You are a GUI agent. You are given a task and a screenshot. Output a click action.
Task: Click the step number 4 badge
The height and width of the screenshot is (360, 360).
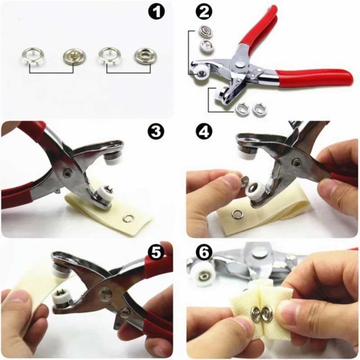pos(203,131)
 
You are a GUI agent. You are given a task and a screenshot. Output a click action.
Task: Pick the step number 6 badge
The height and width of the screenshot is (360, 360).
pos(204,253)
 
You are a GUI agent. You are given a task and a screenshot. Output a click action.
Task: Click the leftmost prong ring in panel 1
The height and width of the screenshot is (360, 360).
pos(30,56)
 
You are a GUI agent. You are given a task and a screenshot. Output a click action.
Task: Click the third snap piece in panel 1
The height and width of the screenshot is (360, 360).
pos(108,56)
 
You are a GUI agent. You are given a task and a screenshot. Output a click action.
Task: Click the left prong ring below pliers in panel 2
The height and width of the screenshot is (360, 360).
pos(241,108)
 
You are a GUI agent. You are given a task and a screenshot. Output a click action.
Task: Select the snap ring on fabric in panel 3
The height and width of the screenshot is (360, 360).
pos(129,219)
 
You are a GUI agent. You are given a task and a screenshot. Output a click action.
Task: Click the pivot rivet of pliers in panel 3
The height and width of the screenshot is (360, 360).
pos(67,172)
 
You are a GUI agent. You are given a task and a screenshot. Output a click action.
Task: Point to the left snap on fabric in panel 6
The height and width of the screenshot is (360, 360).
pos(256,313)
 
